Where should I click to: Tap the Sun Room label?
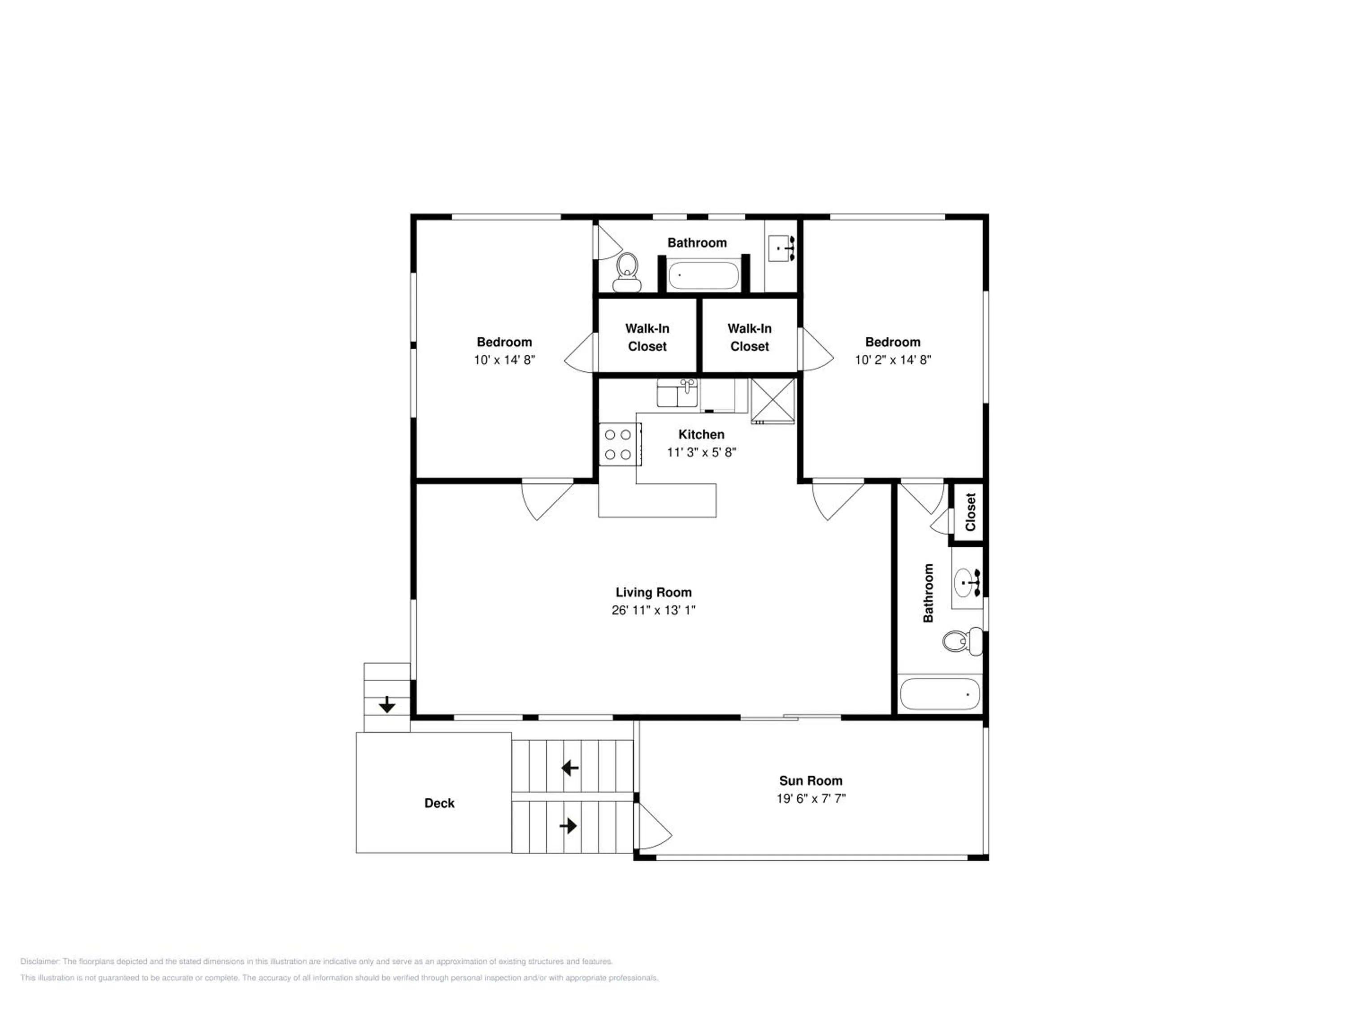coord(811,780)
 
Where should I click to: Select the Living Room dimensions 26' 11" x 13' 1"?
coord(653,610)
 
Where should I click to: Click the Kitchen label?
coord(701,434)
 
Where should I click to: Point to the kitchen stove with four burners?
coord(620,444)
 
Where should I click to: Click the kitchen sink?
coord(677,393)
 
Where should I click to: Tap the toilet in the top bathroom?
coord(627,273)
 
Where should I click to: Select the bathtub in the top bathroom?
coord(703,275)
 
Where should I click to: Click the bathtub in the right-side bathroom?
coord(940,694)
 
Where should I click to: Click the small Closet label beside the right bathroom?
coord(971,512)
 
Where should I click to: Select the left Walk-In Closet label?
coord(647,338)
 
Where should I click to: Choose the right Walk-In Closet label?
coord(750,338)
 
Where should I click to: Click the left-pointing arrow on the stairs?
coord(570,768)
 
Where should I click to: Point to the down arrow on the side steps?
coord(387,705)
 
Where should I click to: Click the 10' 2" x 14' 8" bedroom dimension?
coord(893,360)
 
